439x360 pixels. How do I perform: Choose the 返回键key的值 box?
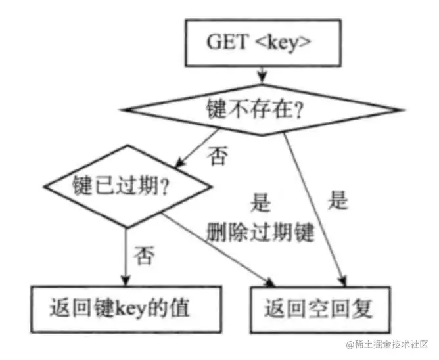(124, 306)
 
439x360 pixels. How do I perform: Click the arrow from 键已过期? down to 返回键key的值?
(125, 256)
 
